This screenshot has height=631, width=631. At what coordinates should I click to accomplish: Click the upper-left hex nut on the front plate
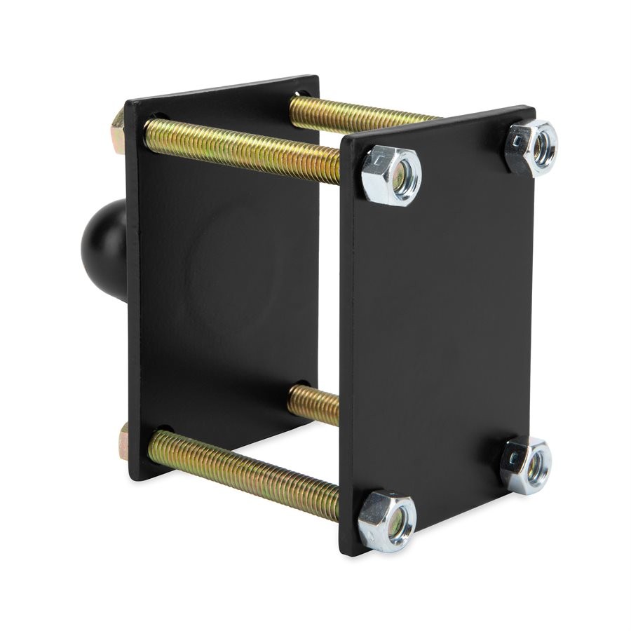[x=391, y=175]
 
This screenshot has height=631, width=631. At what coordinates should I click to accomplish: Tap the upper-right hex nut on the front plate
[x=531, y=147]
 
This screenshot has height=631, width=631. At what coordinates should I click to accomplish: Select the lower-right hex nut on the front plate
[x=527, y=465]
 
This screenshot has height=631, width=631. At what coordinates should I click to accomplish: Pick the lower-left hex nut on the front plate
[x=387, y=520]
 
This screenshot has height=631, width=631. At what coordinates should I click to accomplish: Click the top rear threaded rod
[x=358, y=116]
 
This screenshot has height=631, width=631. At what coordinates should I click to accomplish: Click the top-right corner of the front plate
[x=533, y=109]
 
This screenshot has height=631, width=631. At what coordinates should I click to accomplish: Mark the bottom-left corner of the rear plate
[x=132, y=479]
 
